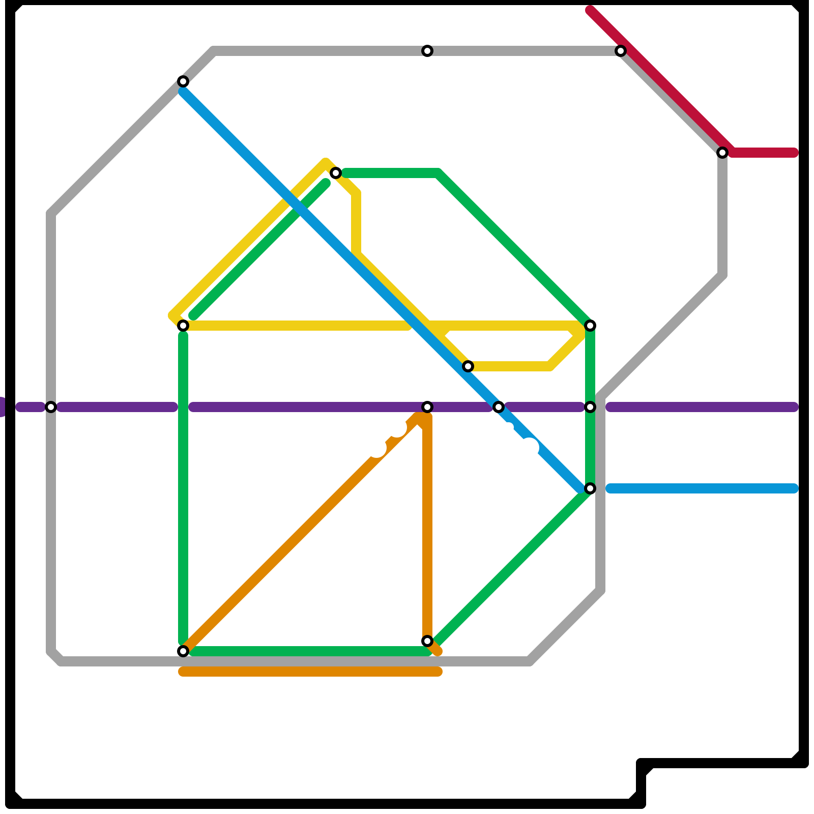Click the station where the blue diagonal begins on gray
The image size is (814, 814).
coord(183,81)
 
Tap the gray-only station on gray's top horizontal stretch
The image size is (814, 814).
coord(427,51)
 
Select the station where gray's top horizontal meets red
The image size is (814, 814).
coord(621,51)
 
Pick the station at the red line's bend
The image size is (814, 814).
coord(722,153)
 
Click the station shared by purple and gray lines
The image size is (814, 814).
coord(51,407)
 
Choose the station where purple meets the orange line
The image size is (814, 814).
coord(427,407)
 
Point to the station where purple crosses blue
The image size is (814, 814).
coord(499,407)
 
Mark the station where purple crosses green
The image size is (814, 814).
coord(590,407)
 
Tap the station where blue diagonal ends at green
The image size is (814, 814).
coord(590,488)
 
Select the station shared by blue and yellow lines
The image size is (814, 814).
coord(468,366)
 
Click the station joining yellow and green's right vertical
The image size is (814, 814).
coord(590,326)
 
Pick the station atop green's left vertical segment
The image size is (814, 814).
coord(183,326)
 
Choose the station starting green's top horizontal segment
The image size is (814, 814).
coord(336,173)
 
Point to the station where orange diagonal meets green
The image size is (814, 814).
coord(183,651)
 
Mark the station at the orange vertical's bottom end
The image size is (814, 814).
coord(427,641)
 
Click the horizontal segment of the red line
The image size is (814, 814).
coord(763,153)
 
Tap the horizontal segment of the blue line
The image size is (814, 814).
coord(702,488)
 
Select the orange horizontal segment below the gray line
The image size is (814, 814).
coord(310,672)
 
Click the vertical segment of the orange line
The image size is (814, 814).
coord(427,529)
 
